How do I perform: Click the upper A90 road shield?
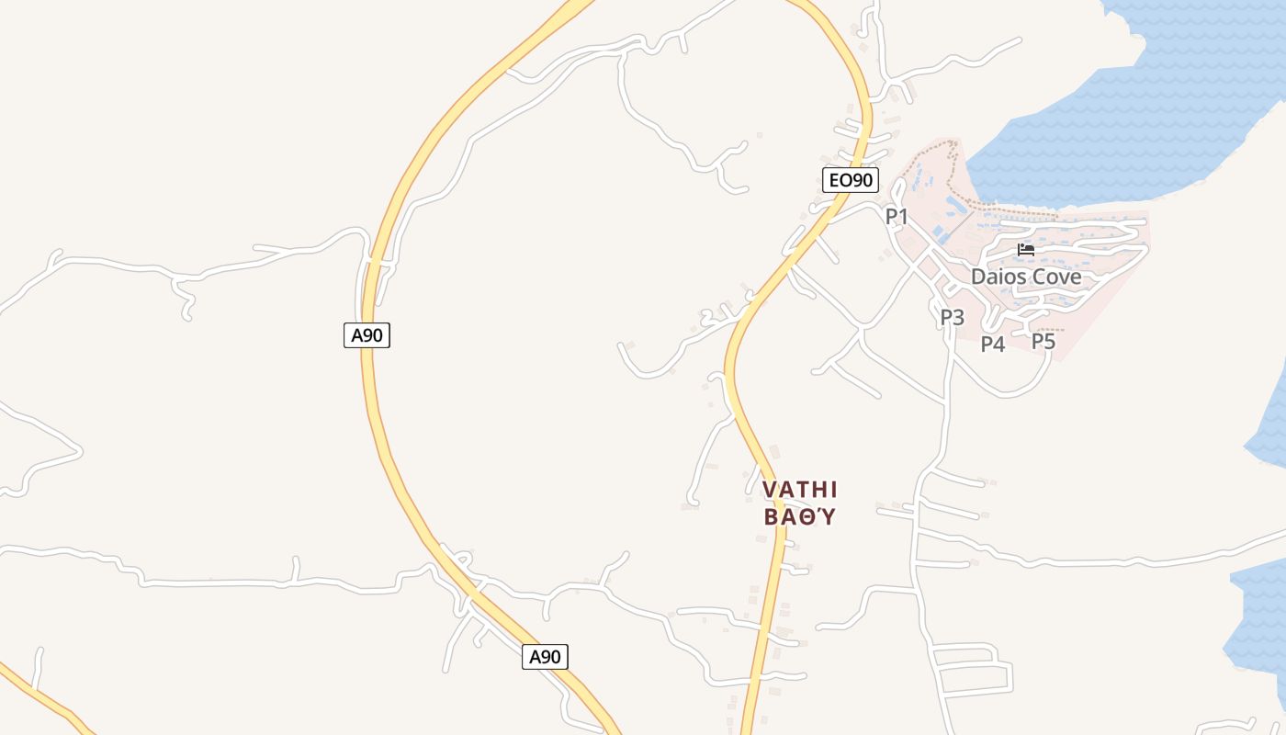tap(367, 335)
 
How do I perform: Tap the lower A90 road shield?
tap(545, 657)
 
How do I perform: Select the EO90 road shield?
tap(850, 180)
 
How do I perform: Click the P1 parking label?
tap(896, 217)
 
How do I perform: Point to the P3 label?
tap(952, 318)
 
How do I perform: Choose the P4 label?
tap(993, 345)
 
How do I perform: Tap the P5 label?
tap(1043, 342)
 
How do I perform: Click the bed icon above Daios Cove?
tap(1026, 250)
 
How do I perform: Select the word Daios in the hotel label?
tap(998, 277)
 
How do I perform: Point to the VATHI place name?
tap(800, 490)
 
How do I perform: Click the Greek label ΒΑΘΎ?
tap(800, 516)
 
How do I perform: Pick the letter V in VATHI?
tap(770, 490)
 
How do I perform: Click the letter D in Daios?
tap(979, 277)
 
